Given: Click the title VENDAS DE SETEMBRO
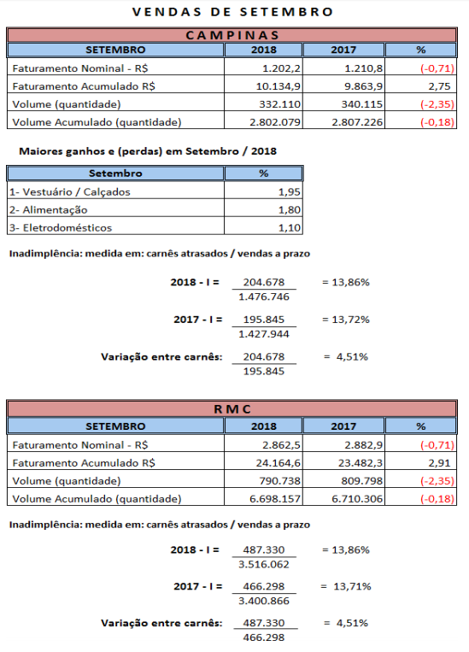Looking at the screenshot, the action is coord(232,12).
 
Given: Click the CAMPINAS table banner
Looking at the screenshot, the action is coord(232,35).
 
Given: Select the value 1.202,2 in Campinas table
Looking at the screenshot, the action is coord(281,68).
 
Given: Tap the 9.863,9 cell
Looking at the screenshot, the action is coord(363,86).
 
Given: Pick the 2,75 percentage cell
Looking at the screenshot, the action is coord(439,86).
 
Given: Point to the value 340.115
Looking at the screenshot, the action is coord(362,104).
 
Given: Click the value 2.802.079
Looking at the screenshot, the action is coord(275,122).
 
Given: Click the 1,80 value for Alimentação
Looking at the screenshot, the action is coord(290,209).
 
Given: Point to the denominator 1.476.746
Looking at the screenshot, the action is coord(264,297).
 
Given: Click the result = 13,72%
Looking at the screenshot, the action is coord(346,320).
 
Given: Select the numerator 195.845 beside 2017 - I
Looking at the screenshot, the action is coord(264,320).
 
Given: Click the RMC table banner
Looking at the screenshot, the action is coord(232,408).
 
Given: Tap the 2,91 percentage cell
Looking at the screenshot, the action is coord(439,463).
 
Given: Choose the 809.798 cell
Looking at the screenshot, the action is coord(362,481).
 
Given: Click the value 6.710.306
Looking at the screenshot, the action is coord(357,498).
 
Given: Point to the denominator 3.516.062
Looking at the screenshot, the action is coord(264,564).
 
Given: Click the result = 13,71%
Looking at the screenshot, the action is coord(346,586).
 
